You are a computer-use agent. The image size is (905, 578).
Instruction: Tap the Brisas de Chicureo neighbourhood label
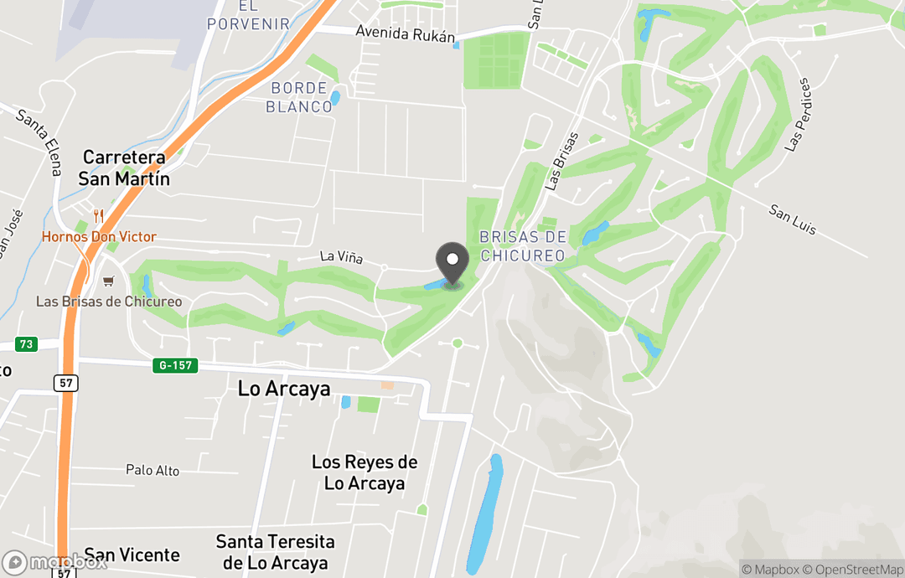click(523, 246)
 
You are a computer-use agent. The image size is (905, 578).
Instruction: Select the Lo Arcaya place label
click(284, 389)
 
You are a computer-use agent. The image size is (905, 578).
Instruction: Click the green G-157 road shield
click(175, 365)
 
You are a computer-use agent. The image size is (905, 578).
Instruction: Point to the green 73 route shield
click(26, 344)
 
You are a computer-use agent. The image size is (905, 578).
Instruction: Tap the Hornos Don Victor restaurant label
click(99, 237)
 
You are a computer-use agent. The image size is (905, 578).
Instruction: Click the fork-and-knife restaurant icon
click(99, 216)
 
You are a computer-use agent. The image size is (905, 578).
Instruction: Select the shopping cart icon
click(107, 281)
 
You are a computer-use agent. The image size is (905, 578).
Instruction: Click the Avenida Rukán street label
click(405, 34)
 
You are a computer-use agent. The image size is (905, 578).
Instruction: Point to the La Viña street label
click(341, 258)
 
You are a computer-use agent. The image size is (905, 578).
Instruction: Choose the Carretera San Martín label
click(124, 168)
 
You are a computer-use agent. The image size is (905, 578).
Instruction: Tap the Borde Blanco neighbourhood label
click(299, 97)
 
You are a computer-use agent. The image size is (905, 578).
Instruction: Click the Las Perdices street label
click(799, 115)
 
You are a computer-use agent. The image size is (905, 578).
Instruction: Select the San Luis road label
click(793, 218)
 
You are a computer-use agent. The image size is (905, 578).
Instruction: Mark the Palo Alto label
click(153, 471)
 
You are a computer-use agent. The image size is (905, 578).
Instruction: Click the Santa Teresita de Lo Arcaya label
click(275, 552)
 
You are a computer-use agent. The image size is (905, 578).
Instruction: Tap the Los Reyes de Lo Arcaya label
click(365, 472)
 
